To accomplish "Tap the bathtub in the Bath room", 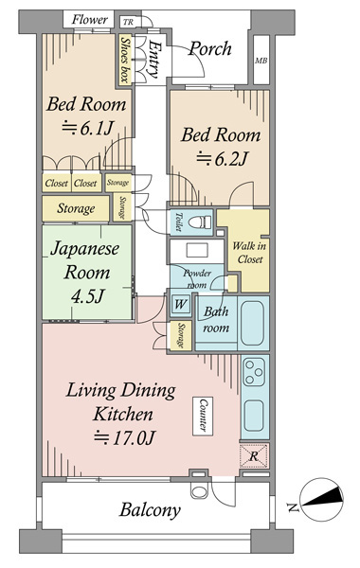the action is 253,323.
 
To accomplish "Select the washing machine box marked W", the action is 181,304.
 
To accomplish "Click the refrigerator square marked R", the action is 254,455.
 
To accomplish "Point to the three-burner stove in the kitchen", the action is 254,372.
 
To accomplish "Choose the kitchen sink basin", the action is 254,416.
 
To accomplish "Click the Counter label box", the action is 203,416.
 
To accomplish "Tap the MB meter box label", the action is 261,61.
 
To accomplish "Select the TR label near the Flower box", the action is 128,22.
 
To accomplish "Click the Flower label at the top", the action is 89,19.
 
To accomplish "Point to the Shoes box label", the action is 125,60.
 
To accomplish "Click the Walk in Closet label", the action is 250,253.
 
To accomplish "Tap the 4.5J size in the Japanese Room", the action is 88,296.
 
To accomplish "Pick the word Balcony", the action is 150,510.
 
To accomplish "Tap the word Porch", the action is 210,48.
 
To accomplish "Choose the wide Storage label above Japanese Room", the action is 76,208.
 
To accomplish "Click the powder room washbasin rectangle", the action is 197,250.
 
